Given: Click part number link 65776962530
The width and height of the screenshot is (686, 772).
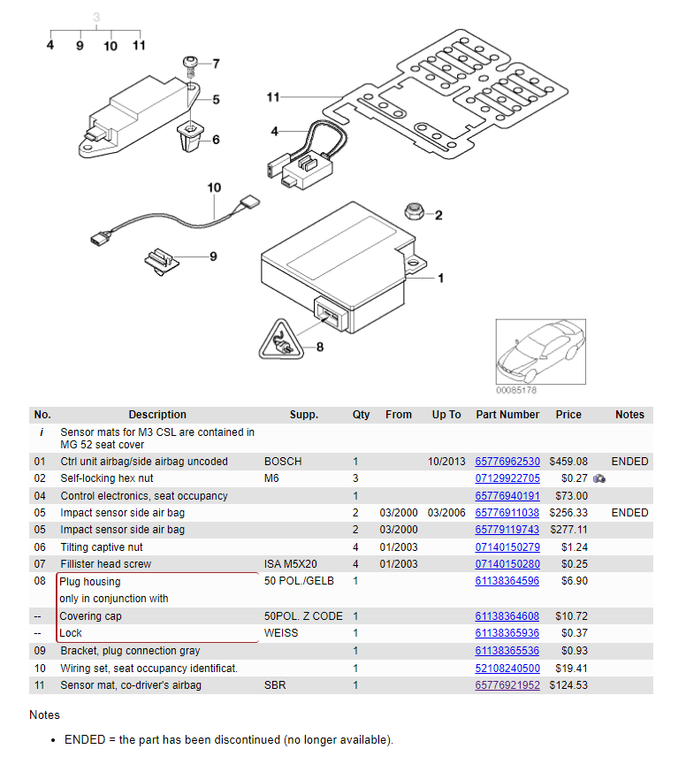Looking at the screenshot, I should (x=507, y=462).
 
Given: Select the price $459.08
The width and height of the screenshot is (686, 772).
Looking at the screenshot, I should (x=568, y=462).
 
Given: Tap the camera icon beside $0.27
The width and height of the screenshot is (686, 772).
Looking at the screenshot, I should (x=599, y=478).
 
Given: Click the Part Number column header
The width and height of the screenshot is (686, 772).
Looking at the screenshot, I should (x=507, y=415).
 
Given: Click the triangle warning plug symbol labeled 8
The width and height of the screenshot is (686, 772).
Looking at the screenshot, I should (x=281, y=340).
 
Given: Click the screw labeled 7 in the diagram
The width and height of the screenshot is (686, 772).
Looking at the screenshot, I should (x=191, y=64).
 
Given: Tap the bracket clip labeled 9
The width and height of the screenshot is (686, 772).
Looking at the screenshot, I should (x=161, y=259).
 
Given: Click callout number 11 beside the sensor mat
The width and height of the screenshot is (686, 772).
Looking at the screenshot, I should (x=273, y=97).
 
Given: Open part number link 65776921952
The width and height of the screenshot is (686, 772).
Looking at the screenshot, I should (x=507, y=685).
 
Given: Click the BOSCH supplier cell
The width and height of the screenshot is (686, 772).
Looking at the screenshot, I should (x=283, y=462).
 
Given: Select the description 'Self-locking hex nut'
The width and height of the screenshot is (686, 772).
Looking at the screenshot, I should (x=107, y=478).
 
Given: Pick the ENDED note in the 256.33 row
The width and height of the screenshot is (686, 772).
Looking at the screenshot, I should (x=629, y=513).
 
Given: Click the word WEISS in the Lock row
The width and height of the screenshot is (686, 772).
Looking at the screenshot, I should (x=282, y=633).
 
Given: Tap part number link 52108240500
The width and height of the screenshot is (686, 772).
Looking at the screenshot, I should (x=507, y=668).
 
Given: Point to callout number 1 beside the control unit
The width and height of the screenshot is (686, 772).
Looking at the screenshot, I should (x=441, y=279).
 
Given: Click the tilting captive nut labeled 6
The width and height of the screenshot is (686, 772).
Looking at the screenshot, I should (x=190, y=138).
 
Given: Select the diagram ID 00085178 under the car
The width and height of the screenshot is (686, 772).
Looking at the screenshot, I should (x=516, y=390).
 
